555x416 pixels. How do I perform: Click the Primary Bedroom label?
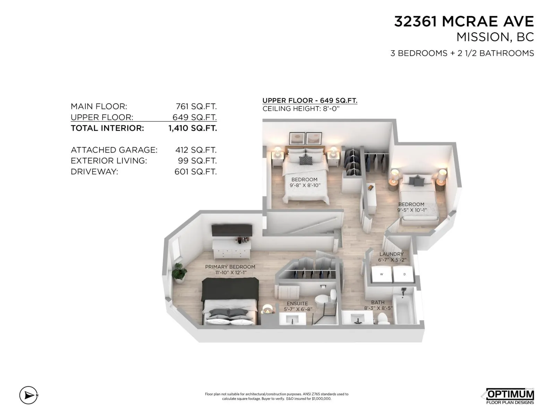point(230,267)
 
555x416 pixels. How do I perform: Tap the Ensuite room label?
point(297,303)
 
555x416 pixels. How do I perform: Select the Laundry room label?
point(391,254)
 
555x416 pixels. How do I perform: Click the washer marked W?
point(381,274)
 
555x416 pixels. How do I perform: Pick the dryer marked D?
point(404,274)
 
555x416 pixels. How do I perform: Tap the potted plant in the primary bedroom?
point(179,272)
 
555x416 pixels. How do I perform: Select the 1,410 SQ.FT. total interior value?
point(193,128)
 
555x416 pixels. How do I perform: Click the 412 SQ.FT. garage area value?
point(196,150)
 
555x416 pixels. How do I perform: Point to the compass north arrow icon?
point(28,395)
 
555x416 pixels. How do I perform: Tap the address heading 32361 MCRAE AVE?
point(464,21)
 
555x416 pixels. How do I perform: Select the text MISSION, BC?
point(495,37)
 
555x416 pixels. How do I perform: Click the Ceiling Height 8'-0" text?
point(301,109)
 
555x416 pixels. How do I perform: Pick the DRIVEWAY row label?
point(94,172)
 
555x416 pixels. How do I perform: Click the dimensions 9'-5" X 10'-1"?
point(412,210)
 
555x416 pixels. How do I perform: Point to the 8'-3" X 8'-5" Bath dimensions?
point(378,308)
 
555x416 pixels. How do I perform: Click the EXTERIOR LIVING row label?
point(109,161)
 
